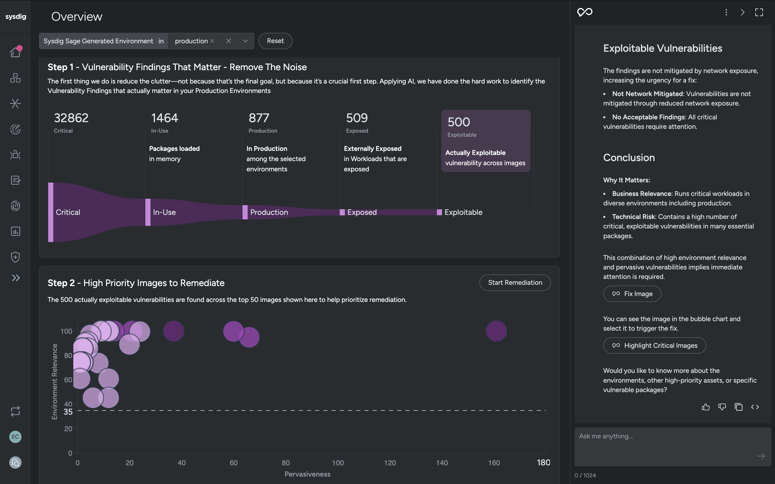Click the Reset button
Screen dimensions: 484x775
click(x=275, y=41)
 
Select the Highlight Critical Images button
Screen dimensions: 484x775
click(x=654, y=345)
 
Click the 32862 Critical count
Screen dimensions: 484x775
click(x=71, y=118)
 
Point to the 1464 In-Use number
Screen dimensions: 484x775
click(x=165, y=118)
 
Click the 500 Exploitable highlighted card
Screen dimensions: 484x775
click(x=485, y=141)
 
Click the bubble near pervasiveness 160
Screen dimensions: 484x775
click(x=496, y=331)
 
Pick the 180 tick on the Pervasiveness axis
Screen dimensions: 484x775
click(x=544, y=462)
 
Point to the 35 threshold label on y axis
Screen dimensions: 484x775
click(x=68, y=412)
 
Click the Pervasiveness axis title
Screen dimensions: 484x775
click(x=307, y=474)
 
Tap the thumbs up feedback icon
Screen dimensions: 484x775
click(x=706, y=407)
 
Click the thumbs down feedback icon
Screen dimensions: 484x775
click(x=722, y=407)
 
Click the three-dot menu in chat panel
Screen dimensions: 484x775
click(x=726, y=13)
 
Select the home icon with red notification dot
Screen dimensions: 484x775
click(x=15, y=51)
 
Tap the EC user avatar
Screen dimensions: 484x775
click(x=15, y=437)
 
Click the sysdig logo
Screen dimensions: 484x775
click(x=16, y=17)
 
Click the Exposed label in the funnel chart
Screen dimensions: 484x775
click(x=362, y=212)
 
